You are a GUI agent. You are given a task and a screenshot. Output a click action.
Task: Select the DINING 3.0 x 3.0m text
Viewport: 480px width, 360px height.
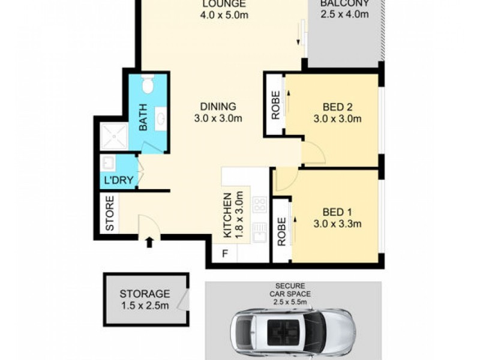218,112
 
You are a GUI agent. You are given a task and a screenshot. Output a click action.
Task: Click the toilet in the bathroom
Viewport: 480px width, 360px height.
148,84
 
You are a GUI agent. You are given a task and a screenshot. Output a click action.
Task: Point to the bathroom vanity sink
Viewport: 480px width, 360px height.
161,119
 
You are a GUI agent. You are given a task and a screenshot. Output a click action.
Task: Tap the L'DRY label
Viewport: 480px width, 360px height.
118,179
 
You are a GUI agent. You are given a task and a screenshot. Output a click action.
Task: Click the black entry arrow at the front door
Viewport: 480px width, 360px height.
149,242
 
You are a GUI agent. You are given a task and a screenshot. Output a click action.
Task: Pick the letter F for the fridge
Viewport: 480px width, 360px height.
226,253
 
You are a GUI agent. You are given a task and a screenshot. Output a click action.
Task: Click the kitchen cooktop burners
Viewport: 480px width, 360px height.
260,205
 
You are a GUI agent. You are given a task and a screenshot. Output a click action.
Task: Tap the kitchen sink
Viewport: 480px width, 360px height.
260,232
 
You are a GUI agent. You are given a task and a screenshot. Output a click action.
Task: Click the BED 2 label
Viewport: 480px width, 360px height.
337,112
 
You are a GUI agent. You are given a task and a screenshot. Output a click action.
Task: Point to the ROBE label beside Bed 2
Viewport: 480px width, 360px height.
275,105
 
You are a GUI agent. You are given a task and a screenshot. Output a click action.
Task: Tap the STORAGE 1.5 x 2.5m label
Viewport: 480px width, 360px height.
144,299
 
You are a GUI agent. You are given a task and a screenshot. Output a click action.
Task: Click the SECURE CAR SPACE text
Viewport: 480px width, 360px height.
290,293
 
